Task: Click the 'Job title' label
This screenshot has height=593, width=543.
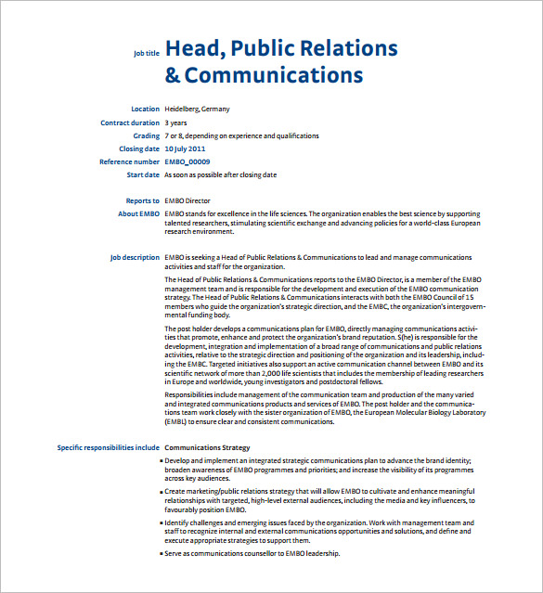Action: (x=146, y=54)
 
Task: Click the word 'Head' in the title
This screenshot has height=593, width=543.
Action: (x=191, y=48)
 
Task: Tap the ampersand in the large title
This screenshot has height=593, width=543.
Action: (x=173, y=75)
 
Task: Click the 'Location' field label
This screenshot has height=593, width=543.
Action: (x=145, y=110)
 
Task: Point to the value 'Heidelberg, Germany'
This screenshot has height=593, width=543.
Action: (x=197, y=110)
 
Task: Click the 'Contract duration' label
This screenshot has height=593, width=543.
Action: (x=130, y=122)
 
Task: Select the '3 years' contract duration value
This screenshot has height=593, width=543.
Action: (x=175, y=122)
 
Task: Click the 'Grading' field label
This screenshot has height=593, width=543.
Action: (x=146, y=135)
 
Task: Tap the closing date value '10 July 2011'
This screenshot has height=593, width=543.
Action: (x=185, y=148)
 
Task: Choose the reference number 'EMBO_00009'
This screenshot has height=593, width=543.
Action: (x=187, y=161)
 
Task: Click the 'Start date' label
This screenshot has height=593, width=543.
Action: (x=143, y=174)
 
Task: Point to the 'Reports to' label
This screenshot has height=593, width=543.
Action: (x=143, y=200)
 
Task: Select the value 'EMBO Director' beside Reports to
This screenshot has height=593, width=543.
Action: (x=187, y=200)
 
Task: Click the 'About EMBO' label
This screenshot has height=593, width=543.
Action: (x=139, y=213)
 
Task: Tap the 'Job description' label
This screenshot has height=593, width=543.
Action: (x=135, y=257)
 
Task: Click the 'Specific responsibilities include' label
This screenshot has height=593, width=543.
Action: (x=108, y=447)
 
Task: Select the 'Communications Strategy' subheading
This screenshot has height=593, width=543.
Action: (x=206, y=447)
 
